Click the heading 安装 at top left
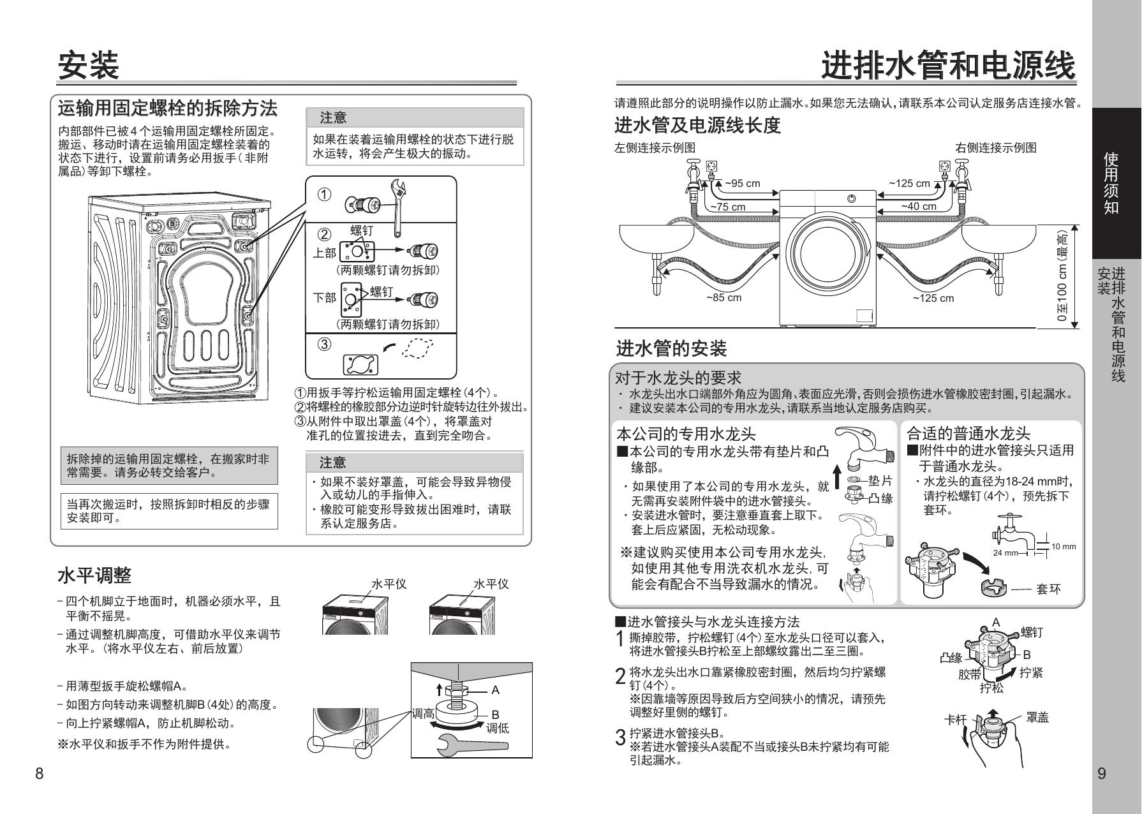pyautogui.click(x=89, y=66)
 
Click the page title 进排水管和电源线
pyautogui.click(x=948, y=66)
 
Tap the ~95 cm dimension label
pyautogui.click(x=743, y=184)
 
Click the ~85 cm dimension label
pyautogui.click(x=723, y=297)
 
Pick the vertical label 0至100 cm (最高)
pyautogui.click(x=1062, y=276)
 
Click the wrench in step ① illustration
pyautogui.click(x=399, y=206)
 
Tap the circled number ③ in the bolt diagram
pyautogui.click(x=324, y=344)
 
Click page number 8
pyautogui.click(x=40, y=774)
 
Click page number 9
pyautogui.click(x=1102, y=774)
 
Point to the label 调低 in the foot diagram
pyautogui.click(x=498, y=728)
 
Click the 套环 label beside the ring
pyautogui.click(x=1048, y=589)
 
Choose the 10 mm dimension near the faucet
pyautogui.click(x=1064, y=546)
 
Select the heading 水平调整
pyautogui.click(x=94, y=575)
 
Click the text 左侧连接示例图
pyautogui.click(x=655, y=147)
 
